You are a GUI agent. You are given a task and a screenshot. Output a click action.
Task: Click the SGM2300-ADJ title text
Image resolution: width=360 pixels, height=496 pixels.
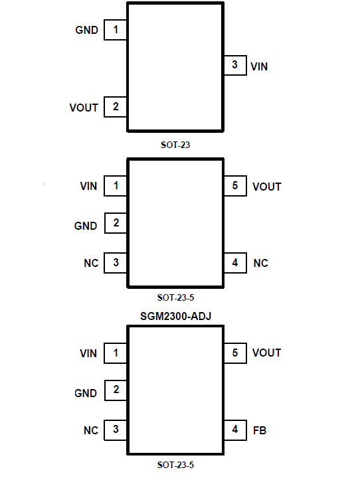175,316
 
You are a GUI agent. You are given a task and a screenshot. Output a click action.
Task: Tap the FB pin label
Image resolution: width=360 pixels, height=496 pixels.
260,430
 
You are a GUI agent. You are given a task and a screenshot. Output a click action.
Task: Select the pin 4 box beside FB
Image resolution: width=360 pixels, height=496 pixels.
235,430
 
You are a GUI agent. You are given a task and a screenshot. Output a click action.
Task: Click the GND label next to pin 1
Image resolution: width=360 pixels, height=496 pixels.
86,30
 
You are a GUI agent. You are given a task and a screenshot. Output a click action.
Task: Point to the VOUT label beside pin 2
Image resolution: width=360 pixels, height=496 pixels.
84,108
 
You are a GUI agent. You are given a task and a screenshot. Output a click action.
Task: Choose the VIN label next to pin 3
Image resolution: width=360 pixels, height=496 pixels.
259,66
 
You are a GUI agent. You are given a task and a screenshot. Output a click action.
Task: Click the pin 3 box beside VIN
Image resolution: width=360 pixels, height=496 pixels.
235,65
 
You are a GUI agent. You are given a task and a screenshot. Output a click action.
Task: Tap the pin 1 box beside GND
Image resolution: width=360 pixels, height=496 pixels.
116,30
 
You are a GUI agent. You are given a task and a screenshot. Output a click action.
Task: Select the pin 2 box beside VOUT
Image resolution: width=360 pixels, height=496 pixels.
116,107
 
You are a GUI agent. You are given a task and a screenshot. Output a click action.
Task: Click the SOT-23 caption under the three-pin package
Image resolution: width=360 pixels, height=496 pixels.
175,145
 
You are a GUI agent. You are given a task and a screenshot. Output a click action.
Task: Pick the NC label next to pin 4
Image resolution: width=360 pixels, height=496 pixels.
260,263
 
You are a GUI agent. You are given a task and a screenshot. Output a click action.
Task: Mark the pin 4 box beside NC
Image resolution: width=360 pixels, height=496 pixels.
235,262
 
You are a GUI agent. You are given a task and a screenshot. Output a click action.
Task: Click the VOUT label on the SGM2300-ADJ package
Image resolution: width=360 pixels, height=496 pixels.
266,353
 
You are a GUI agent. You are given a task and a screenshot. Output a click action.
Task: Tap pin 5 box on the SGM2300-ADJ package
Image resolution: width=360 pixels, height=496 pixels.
235,353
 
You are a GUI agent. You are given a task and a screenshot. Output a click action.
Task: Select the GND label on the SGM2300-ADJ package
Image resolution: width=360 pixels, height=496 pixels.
86,393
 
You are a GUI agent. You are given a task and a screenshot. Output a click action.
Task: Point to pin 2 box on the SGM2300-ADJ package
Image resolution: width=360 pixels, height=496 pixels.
116,390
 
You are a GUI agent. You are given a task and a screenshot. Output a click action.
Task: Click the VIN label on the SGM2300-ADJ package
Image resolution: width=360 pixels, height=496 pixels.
88,353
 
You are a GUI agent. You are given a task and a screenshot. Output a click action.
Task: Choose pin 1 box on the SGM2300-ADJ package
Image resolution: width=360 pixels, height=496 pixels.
116,353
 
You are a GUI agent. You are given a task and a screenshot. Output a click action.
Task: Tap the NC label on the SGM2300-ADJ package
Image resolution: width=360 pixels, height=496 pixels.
91,430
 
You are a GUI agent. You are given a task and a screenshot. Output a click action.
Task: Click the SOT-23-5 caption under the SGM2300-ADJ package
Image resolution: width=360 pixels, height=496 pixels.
175,465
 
